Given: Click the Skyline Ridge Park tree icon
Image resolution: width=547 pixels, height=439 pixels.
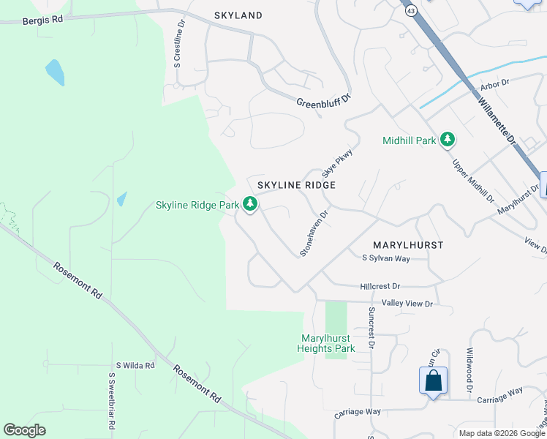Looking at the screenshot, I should click(x=251, y=204).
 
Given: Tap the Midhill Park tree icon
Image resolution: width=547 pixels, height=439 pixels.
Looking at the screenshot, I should click(x=447, y=140).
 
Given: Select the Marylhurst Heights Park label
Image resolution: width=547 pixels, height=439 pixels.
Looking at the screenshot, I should click(x=326, y=343).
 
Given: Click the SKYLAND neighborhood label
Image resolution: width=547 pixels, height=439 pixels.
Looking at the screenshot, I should click(x=238, y=15).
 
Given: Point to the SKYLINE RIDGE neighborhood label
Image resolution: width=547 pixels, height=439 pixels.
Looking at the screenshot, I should click(x=296, y=186).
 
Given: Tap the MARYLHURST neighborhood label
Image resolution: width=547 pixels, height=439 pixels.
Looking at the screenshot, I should click(x=408, y=245).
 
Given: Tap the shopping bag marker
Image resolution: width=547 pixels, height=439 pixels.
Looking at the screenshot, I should click(x=433, y=380).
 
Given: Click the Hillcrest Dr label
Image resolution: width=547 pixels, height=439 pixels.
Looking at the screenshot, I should click(x=380, y=286).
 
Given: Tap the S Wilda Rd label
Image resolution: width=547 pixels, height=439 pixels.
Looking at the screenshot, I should click(x=135, y=365).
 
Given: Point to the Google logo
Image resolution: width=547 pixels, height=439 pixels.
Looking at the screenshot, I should click(x=24, y=430).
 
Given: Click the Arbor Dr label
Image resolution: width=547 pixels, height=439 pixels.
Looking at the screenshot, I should click(x=494, y=85).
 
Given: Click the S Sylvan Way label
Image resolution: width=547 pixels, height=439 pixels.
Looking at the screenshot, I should click(x=386, y=258).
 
